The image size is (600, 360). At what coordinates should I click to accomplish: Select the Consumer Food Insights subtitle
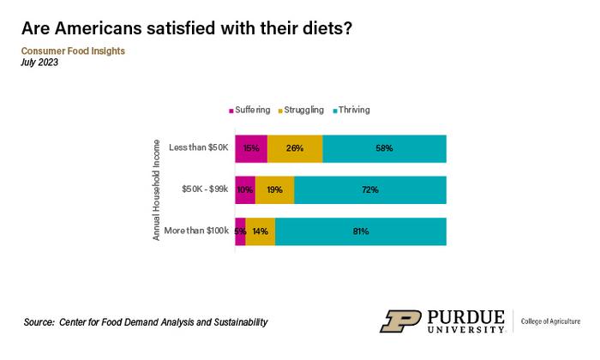pos(73,51)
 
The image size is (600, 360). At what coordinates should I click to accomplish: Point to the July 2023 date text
pos(40,63)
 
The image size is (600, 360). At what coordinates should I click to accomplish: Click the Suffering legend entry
pos(249,110)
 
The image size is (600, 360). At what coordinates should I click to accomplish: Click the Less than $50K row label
pos(198,148)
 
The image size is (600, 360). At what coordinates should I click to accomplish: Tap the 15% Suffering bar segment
pos(251,148)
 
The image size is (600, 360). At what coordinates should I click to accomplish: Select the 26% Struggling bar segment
pos(295,148)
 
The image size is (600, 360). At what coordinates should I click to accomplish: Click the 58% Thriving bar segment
pos(384,148)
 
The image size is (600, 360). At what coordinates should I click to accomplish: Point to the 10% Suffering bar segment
pos(245,190)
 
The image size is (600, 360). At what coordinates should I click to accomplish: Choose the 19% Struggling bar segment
pos(274,190)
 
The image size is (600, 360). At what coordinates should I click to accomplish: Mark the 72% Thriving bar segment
pos(370,190)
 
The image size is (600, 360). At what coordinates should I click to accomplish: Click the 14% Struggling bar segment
pos(261,231)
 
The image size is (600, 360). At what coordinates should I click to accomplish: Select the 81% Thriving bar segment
pos(361,231)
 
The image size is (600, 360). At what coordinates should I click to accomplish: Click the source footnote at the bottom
pos(146,322)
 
